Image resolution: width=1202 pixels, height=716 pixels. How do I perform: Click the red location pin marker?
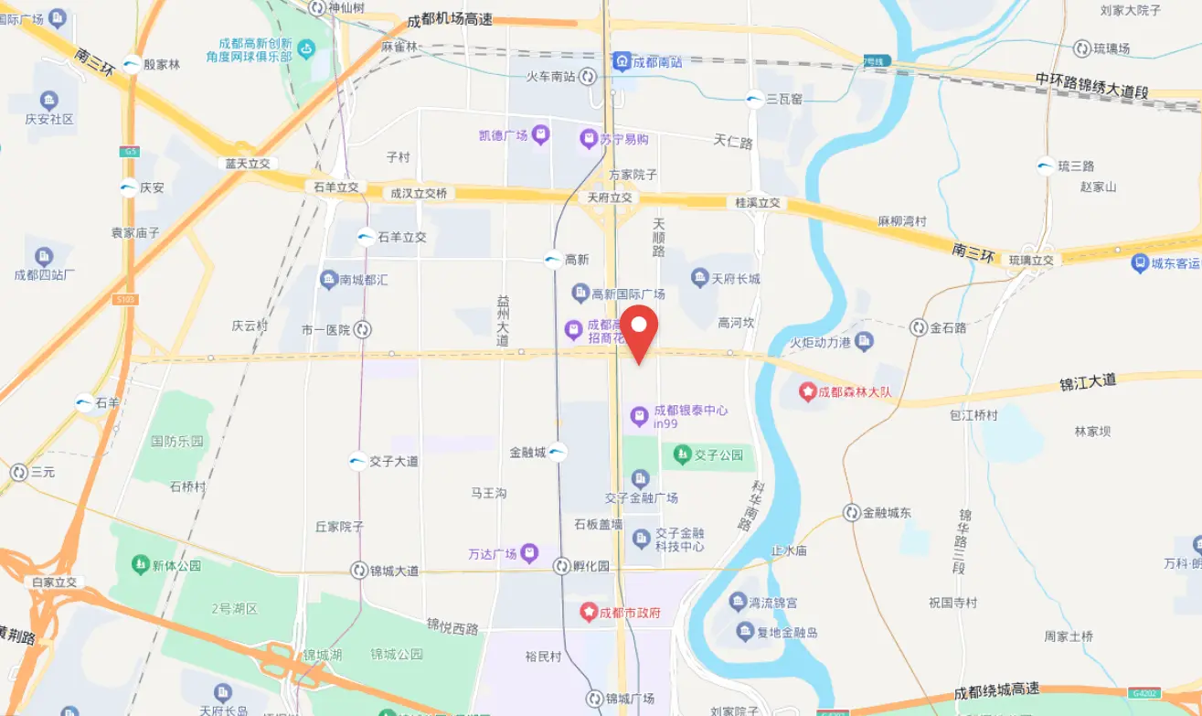(x=639, y=333)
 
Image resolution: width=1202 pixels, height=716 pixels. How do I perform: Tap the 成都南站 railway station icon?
(x=622, y=61)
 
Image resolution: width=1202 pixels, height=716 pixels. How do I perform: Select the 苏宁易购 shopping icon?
(x=589, y=139)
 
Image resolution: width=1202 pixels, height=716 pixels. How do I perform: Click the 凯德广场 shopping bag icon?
(x=541, y=135)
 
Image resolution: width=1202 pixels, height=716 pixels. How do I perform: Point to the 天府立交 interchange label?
(x=610, y=198)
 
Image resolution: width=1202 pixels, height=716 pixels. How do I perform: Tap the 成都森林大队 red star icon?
(x=807, y=391)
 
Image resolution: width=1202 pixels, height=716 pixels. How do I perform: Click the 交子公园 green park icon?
(x=682, y=453)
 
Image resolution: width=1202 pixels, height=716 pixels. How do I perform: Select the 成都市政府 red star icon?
(x=590, y=612)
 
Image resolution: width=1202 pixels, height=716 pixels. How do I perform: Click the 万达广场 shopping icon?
(x=530, y=553)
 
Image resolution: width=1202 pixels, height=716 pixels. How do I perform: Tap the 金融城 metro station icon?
(x=558, y=452)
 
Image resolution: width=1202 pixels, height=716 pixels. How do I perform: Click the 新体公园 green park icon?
(x=140, y=565)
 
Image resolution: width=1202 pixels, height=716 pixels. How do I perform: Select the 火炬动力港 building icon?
(x=865, y=342)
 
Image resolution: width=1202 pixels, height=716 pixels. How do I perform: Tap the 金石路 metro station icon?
(x=919, y=327)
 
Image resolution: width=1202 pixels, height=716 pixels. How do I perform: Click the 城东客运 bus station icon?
(x=1139, y=263)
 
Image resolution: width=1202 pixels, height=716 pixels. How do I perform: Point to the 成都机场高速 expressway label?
(x=450, y=19)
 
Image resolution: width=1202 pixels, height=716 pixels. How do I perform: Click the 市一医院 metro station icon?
(x=363, y=329)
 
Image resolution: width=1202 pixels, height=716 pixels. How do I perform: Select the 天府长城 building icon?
(x=700, y=278)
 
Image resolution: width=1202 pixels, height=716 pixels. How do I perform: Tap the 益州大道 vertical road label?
(x=502, y=320)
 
